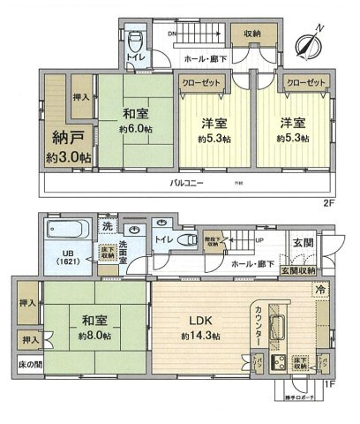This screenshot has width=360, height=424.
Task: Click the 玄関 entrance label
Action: pos(303,242)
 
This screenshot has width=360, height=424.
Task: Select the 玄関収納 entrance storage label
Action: pos(295,272)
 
